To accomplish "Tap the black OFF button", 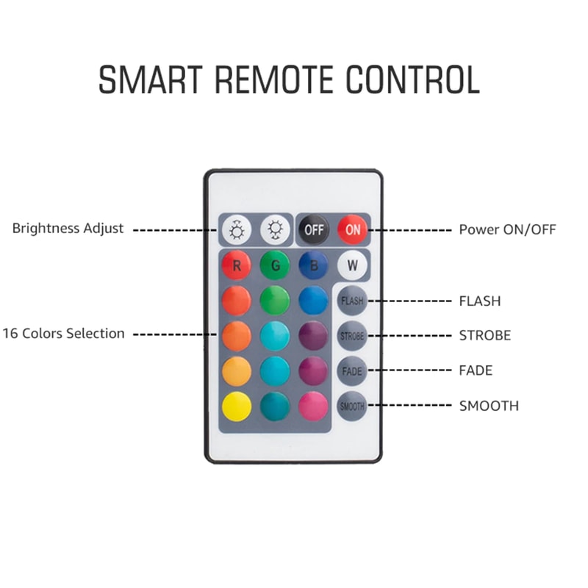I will click(314, 229).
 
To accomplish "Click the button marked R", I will click(237, 265).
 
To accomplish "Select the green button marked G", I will click(275, 265).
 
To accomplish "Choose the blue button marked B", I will click(313, 265).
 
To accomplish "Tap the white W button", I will click(351, 265).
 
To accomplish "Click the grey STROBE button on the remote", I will click(351, 336).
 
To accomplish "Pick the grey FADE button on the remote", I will click(351, 371).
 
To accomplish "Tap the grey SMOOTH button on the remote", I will click(351, 406).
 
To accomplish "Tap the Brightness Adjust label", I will click(68, 229).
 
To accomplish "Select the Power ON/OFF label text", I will click(507, 229).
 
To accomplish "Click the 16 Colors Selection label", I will click(63, 334).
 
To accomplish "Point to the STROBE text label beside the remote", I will click(484, 336).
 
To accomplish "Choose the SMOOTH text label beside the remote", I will click(488, 406).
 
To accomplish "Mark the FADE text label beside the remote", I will click(476, 371).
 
